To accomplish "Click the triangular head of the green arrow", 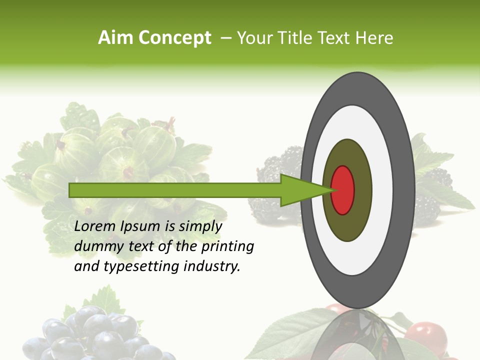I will pyautogui.click(x=300, y=190).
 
